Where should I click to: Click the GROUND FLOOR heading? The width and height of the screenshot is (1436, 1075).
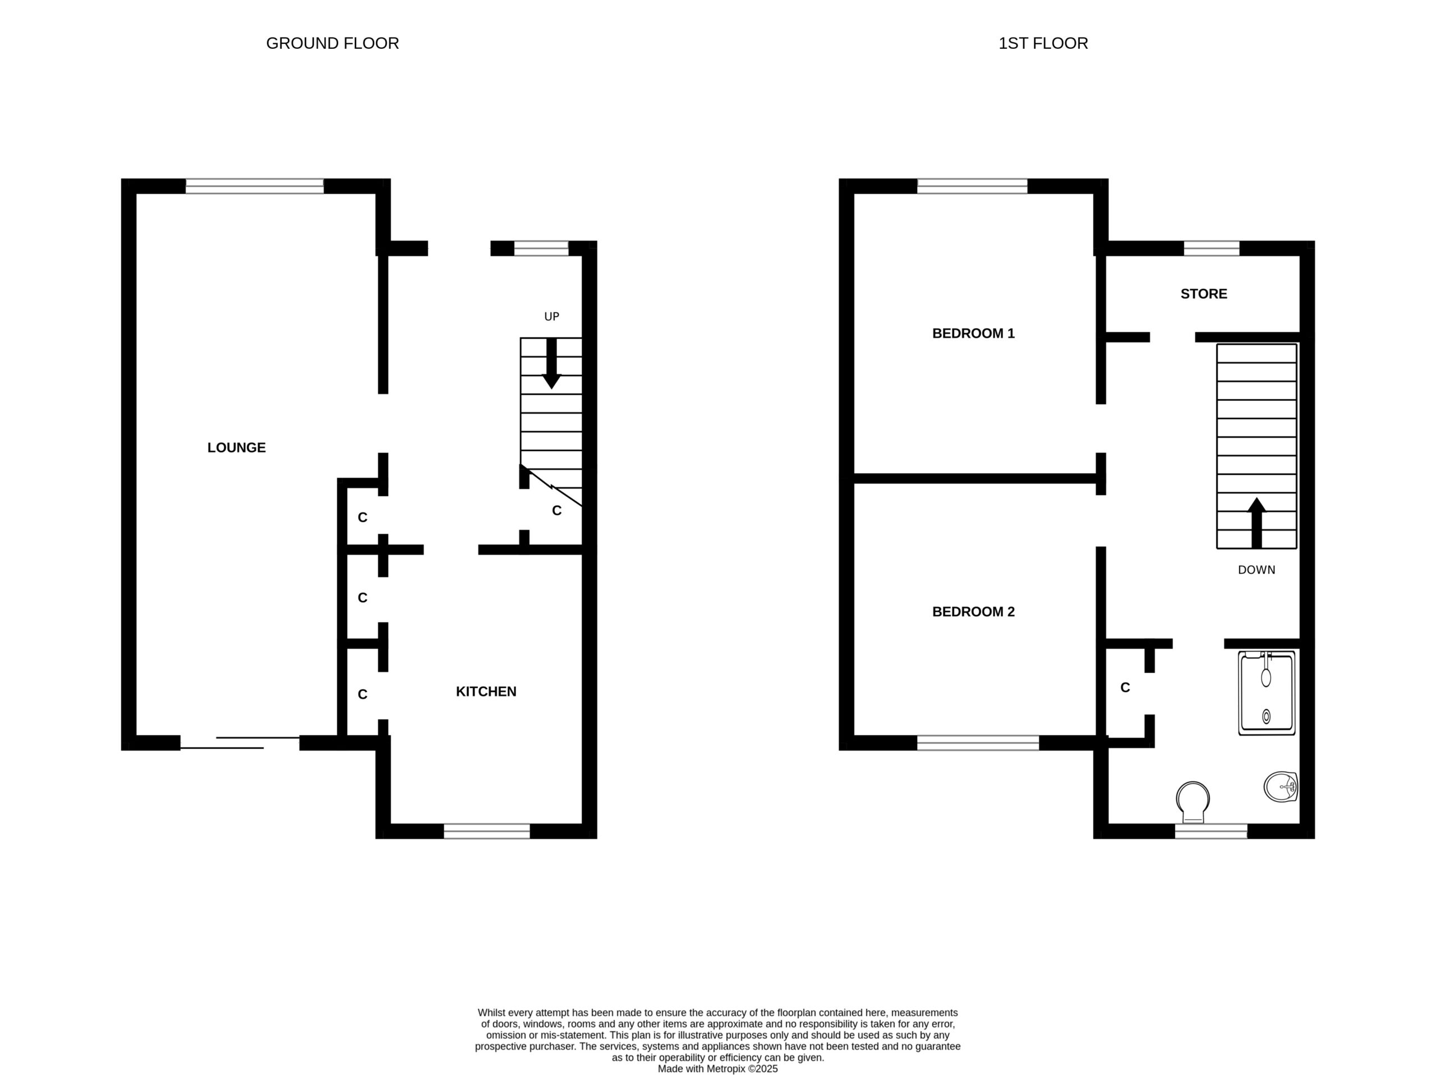333,44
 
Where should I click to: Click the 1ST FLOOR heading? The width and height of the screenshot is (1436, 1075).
1043,44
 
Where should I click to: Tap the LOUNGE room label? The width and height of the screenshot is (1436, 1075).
236,447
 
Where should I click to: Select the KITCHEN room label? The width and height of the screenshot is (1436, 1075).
486,692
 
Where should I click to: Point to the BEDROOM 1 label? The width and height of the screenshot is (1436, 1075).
973,333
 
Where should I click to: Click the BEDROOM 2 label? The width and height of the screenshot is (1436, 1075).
973,612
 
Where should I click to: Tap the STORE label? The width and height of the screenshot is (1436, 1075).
1204,294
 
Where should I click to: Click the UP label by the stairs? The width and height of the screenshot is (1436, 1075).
551,317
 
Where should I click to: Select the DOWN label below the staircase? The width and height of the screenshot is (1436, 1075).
1256,570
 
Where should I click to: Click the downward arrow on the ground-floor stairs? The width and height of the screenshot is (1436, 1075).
551,364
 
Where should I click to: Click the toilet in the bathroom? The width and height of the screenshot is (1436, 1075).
1193,802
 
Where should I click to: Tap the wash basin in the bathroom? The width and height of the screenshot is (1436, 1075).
1280,787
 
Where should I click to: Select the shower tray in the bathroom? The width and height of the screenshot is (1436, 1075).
1267,694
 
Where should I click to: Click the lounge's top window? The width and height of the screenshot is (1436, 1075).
255,186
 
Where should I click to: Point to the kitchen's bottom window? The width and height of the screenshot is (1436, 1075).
487,831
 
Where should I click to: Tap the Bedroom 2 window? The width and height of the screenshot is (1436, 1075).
978,743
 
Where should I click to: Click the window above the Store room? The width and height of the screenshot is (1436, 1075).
1212,248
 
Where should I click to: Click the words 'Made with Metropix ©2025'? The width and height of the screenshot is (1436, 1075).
717,1068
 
